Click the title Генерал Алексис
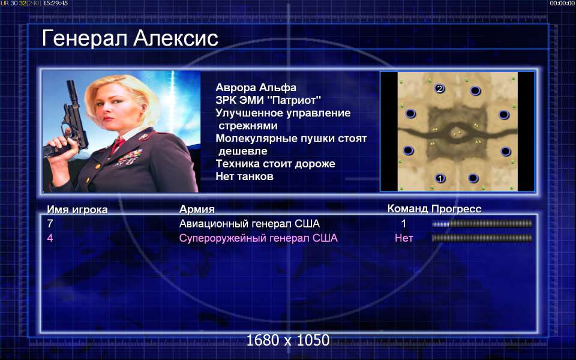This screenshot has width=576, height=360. tap(130, 38)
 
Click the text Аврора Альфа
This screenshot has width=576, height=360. tap(256, 88)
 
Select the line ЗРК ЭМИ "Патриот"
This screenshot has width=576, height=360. tap(269, 100)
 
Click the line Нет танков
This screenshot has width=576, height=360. tap(245, 176)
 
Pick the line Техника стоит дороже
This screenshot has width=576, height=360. tap(275, 164)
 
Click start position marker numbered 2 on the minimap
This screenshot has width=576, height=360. tap(439, 89)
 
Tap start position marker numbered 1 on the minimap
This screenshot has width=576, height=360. tap(440, 179)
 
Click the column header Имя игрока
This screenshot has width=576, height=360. tap(77, 209)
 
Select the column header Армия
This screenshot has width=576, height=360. tap(197, 209)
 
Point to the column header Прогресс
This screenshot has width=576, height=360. tap(456, 209)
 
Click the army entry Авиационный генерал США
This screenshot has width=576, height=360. tap(250, 224)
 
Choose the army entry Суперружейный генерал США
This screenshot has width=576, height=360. tap(258, 238)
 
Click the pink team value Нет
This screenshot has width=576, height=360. tap(404, 238)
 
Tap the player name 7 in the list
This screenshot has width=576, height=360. tap(50, 224)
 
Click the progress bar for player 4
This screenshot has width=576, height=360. tap(482, 238)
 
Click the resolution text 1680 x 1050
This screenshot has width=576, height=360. tap(287, 340)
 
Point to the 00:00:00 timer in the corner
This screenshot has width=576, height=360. tap(562, 4)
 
